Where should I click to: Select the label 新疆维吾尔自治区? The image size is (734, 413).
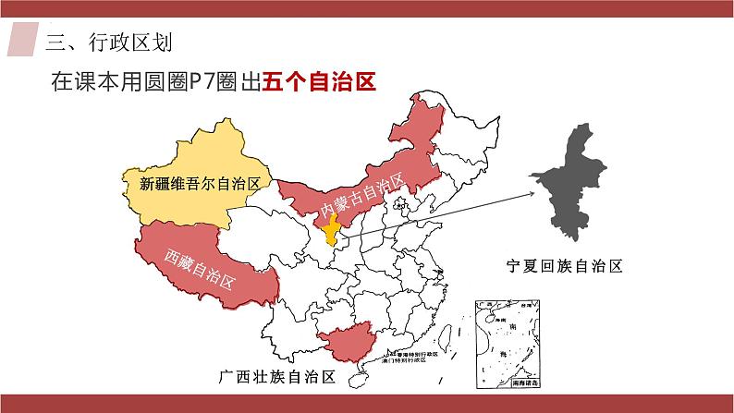pyautogui.click(x=198, y=184)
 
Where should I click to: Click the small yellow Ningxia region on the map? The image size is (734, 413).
pyautogui.click(x=335, y=235)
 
